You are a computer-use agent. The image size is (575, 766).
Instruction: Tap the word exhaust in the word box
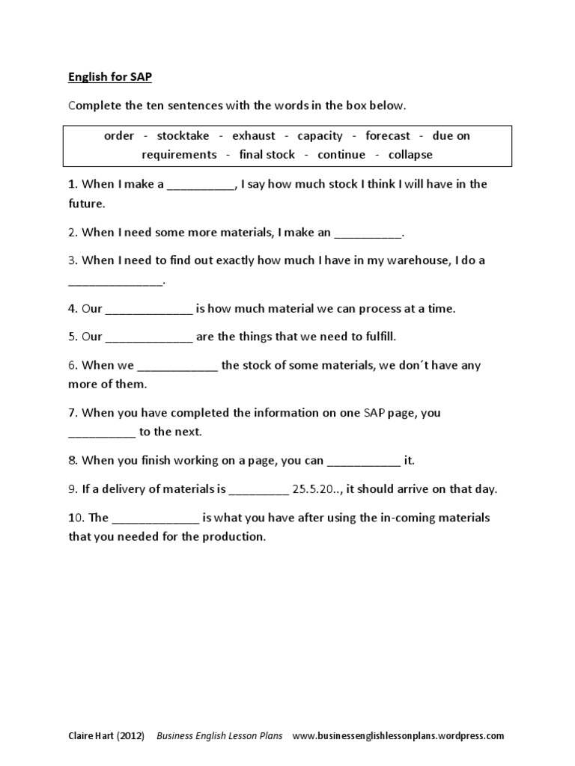[254, 136]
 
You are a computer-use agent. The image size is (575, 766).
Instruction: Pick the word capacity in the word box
[320, 136]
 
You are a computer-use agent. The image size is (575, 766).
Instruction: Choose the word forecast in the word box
[388, 136]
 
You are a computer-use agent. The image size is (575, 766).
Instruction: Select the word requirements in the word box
[179, 155]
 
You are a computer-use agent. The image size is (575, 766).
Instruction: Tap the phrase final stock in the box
[267, 155]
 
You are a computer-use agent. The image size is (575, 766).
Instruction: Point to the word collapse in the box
[411, 155]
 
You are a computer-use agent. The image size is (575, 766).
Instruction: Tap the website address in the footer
[398, 735]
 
